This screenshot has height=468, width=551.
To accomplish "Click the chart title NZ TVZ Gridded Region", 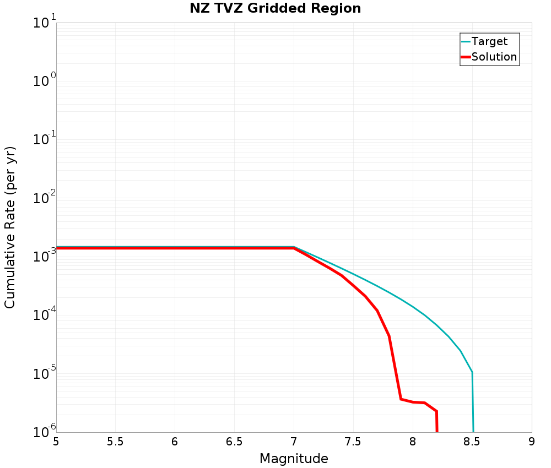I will tap(275, 9).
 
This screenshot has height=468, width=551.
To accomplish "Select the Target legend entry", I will tap(489, 41).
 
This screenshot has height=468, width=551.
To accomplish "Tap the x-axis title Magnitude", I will tap(294, 458).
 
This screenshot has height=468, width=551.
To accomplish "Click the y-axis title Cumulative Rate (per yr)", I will tap(10, 227).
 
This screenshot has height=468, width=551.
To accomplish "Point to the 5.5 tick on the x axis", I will tap(115, 442).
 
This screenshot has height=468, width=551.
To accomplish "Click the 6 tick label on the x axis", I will tap(175, 442).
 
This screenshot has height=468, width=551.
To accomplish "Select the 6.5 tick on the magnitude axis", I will tap(234, 442).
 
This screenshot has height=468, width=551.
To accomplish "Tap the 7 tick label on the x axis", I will tap(294, 442).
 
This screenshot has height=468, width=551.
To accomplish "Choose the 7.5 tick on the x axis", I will tap(353, 442).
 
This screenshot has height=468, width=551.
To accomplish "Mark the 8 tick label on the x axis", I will tap(413, 442).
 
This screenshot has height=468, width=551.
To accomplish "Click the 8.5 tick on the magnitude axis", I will tap(472, 442).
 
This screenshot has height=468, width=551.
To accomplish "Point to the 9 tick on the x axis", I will tap(532, 442).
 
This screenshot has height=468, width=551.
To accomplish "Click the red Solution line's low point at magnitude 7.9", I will tap(401, 399).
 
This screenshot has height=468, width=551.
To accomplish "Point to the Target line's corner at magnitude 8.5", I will tap(472, 372).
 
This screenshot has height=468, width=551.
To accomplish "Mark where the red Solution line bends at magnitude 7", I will tap(294, 248).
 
